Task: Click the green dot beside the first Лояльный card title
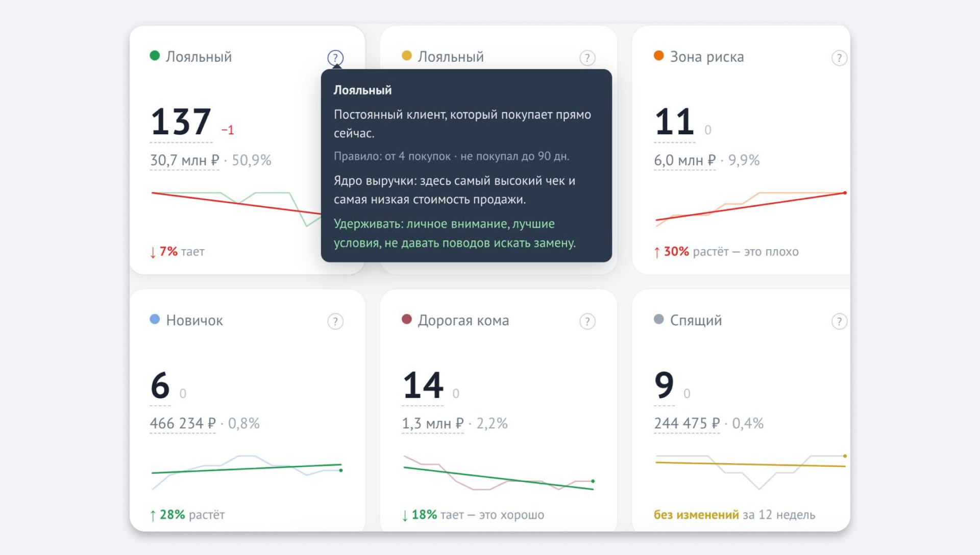(x=155, y=55)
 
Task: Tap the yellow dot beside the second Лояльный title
(x=407, y=55)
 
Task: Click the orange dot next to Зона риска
(x=659, y=55)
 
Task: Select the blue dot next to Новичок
(x=155, y=319)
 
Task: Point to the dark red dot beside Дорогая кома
(x=407, y=319)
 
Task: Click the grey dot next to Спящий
(x=659, y=319)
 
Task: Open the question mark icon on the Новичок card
(x=335, y=321)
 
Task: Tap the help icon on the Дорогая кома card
(x=587, y=321)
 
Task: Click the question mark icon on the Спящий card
(x=840, y=321)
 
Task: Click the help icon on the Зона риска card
(x=840, y=58)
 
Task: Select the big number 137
(x=181, y=122)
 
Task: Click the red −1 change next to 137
(x=228, y=130)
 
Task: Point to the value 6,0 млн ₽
(x=685, y=160)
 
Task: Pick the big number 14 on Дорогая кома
(x=423, y=385)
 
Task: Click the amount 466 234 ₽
(x=183, y=423)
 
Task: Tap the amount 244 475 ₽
(x=687, y=423)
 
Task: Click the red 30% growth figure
(x=676, y=251)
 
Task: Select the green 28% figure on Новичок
(x=172, y=515)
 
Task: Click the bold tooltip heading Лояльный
(x=362, y=90)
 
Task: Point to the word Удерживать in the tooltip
(x=366, y=224)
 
